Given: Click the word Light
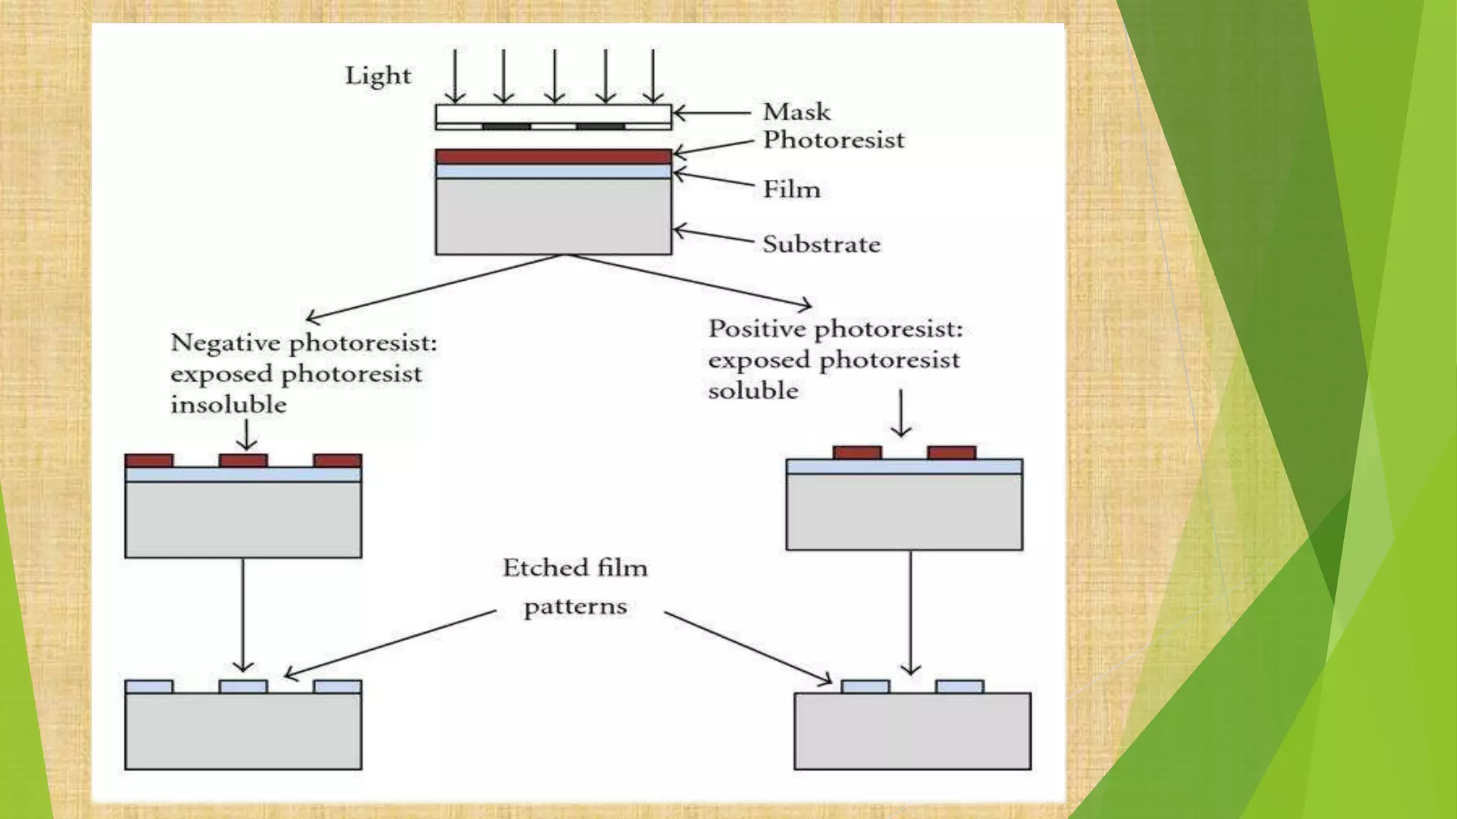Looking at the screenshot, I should coord(378,76).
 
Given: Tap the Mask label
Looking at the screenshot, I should coord(796,112).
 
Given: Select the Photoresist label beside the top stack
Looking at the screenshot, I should coord(833,140).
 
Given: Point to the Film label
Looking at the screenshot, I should coord(791,189).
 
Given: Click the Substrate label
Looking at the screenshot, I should coord(821,245).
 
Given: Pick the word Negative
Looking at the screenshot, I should coord(226,343).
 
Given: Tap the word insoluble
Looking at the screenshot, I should coord(228,405).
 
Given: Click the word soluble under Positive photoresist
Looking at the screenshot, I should coord(753,391).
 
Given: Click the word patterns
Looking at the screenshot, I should coord(575,607).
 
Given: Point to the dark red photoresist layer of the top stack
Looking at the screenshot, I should coord(553,156).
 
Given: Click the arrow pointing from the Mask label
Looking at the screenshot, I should coord(711,112).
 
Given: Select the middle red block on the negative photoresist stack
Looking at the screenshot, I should coord(243,461).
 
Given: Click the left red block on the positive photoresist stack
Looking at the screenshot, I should coord(857,453).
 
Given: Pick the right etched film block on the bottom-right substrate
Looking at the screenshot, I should coord(960,686).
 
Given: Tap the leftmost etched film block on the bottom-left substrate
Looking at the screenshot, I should coord(149,686).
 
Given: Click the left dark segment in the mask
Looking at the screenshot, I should coord(507,127).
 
